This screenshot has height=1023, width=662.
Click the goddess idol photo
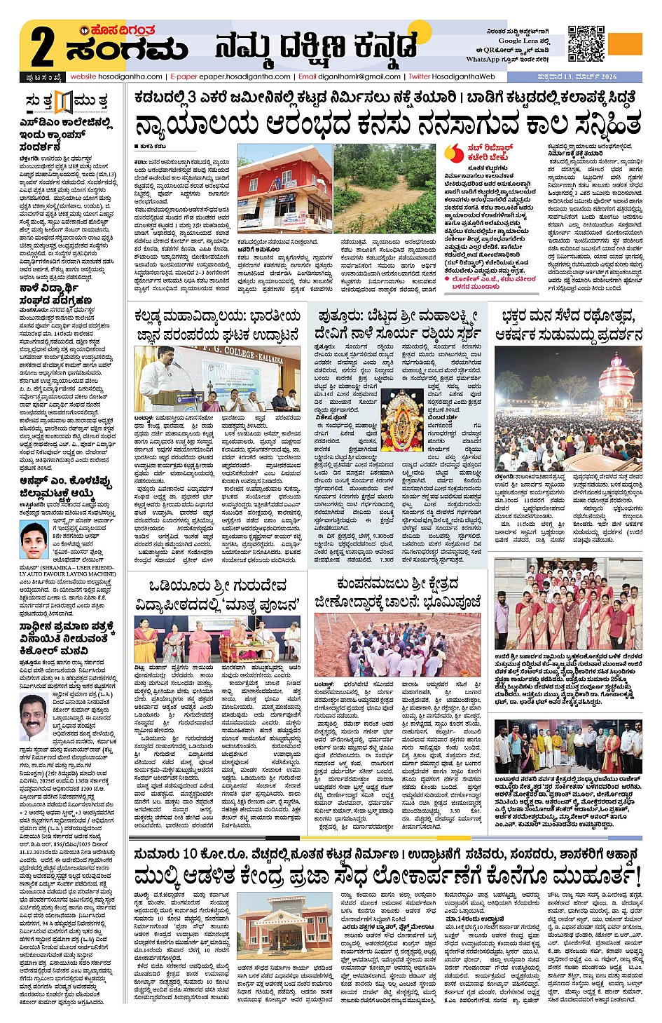pos(402,420)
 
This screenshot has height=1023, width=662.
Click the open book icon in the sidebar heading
pos(64,102)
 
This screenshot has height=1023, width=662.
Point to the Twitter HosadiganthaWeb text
pos(452,76)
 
